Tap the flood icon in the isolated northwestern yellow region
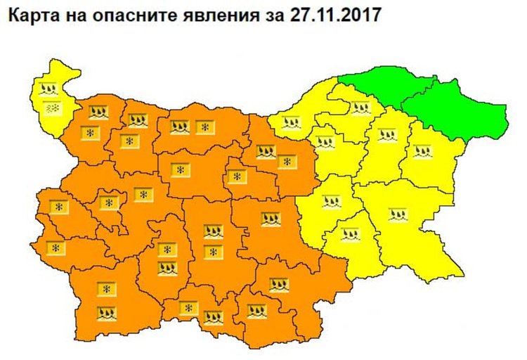click(x=48, y=89)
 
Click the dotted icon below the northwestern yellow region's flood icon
click(x=52, y=109)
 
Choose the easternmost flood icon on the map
click(x=422, y=151)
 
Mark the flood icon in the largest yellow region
click(x=396, y=213)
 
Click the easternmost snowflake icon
click(x=286, y=162)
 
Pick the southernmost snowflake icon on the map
click(x=188, y=308)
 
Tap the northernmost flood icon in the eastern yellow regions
click(x=360, y=108)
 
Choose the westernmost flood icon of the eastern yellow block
click(x=290, y=123)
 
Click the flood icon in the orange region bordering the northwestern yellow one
click(x=97, y=111)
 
